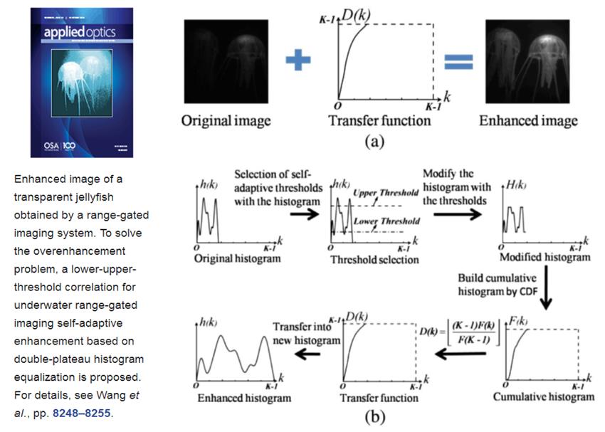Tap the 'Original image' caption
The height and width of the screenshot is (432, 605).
pos(226,120)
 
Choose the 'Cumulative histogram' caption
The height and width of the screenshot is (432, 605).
pos(543,396)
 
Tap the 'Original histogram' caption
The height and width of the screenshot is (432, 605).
pos(237,258)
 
